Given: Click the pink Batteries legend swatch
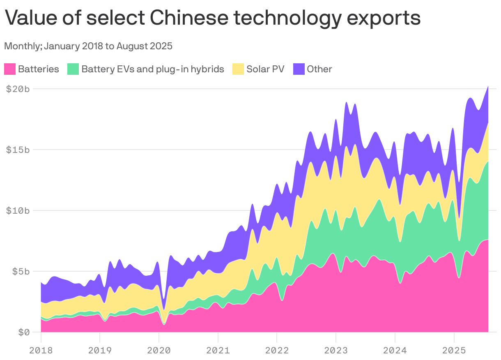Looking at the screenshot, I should click(10, 69).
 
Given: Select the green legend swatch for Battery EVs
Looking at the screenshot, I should click(73, 69).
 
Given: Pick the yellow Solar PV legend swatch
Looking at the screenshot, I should click(238, 69).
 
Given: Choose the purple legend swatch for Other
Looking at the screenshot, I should click(299, 69).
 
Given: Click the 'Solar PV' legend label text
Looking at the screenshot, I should click(265, 69).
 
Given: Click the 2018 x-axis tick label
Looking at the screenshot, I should click(41, 350).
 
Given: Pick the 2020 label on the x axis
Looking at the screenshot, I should click(159, 350).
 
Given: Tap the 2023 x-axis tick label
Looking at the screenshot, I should click(336, 350).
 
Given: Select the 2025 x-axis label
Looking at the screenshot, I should click(454, 350).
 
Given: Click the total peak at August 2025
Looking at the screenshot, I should click(488, 86).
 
